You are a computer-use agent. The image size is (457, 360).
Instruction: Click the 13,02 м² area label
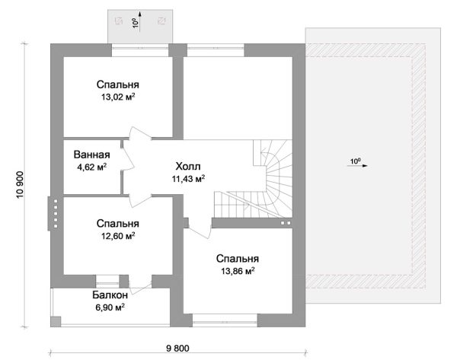tap(118, 97)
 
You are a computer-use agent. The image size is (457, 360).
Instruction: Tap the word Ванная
tap(91, 155)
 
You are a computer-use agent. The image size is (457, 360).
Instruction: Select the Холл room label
tap(188, 167)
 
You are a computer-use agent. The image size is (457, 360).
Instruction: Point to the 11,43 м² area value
tap(188, 179)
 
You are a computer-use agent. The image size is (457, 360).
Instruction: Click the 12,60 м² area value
tap(118, 236)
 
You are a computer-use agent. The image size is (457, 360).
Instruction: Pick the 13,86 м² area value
tap(238, 271)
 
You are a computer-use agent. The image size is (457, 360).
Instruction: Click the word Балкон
tap(110, 295)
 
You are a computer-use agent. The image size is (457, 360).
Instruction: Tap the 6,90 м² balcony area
tap(110, 307)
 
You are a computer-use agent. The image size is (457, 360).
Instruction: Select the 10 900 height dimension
tap(20, 185)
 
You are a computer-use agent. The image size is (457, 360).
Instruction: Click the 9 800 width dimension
tap(177, 348)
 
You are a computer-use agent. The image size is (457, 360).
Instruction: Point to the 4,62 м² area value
tap(91, 167)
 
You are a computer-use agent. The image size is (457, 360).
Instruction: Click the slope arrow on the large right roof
tap(357, 165)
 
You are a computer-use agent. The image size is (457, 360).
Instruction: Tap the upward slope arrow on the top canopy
tap(140, 21)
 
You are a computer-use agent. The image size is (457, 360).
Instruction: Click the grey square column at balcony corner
tap(56, 321)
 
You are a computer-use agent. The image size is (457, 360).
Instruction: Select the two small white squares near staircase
tap(286, 223)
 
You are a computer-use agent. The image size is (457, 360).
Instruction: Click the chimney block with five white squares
tap(53, 214)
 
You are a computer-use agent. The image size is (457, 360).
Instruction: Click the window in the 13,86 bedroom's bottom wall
tap(225, 320)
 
